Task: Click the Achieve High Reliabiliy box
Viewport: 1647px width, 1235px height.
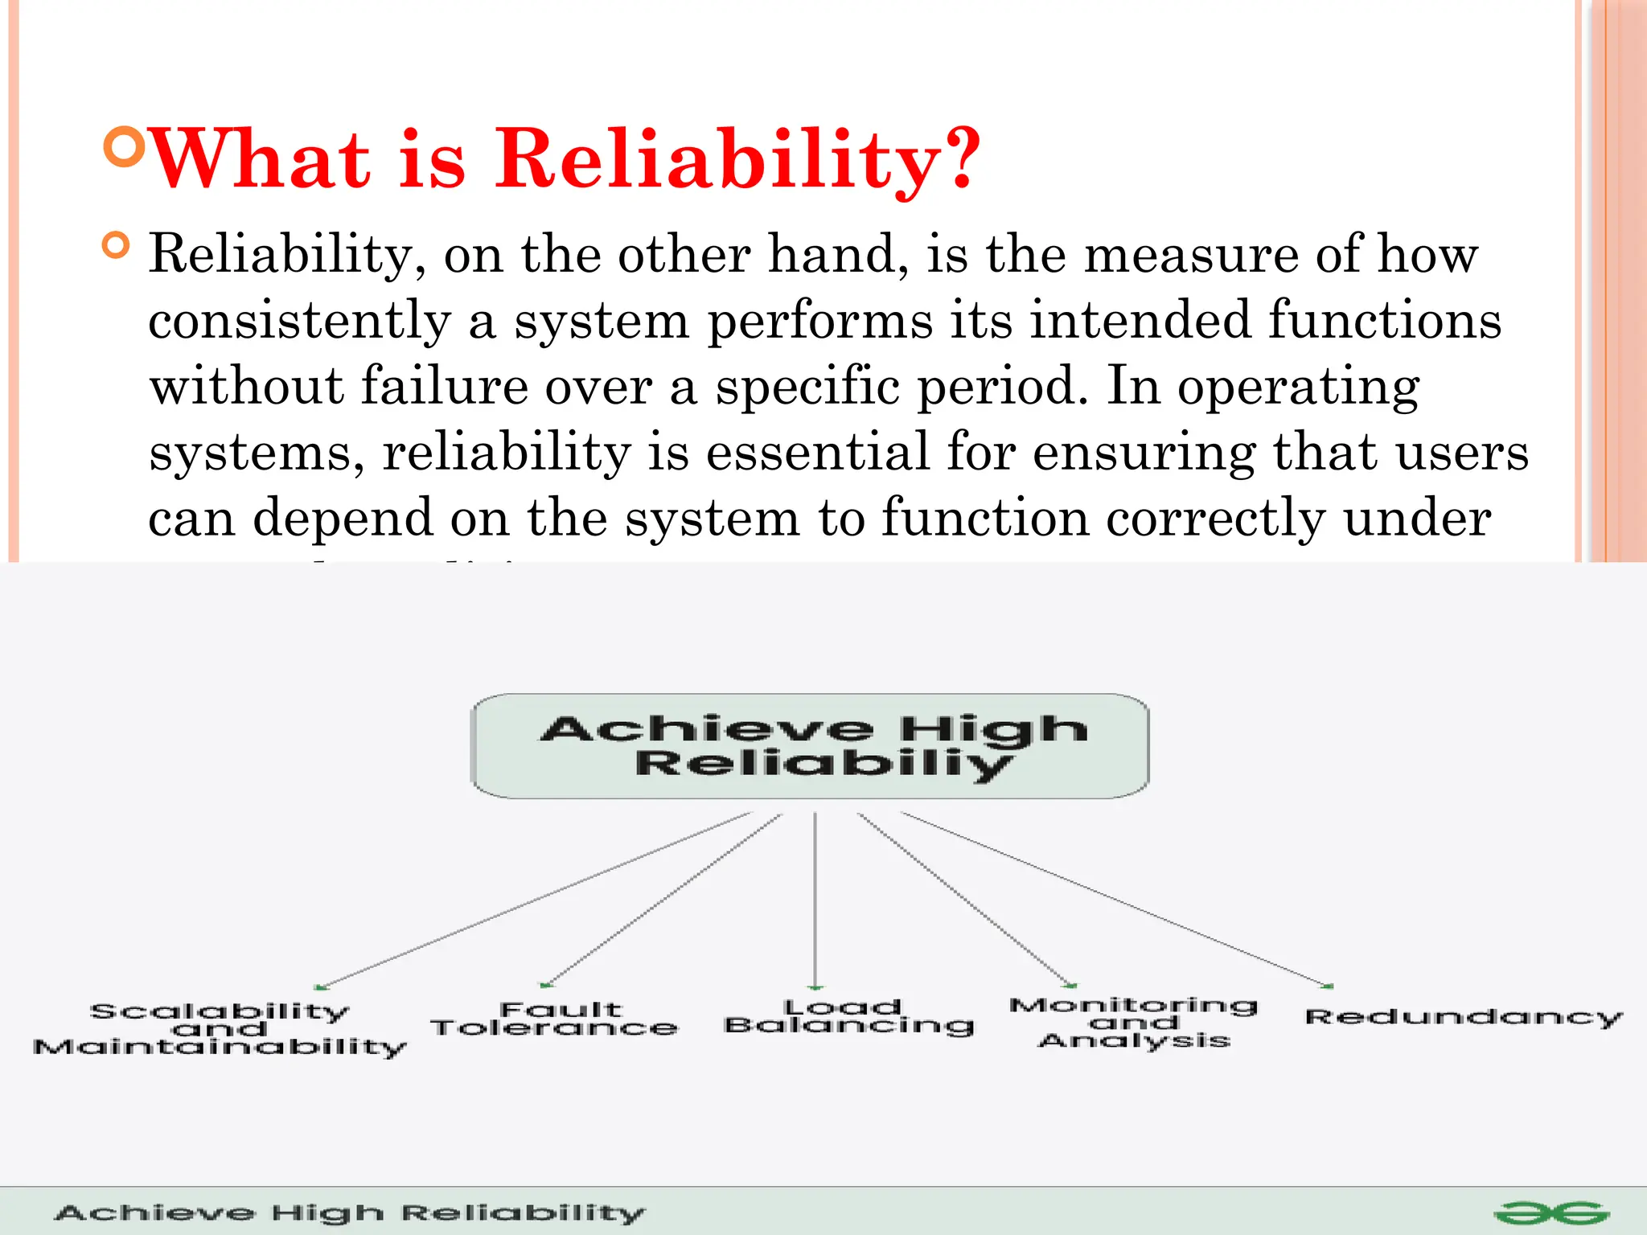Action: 810,746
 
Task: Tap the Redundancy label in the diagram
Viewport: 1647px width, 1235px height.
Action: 1463,1017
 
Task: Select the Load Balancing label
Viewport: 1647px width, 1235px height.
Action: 848,1017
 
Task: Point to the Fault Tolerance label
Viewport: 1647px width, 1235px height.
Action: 555,1019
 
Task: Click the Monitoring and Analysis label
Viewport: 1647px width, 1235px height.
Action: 1134,1023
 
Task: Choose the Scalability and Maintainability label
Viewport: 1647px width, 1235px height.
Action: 220,1030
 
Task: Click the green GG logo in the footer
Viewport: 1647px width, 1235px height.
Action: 1551,1213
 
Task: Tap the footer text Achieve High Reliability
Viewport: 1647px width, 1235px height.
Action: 350,1213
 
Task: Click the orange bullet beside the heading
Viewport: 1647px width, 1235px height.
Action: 124,146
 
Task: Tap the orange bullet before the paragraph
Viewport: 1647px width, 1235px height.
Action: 117,245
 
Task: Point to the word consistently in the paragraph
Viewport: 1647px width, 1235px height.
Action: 300,321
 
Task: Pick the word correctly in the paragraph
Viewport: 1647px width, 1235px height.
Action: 1214,518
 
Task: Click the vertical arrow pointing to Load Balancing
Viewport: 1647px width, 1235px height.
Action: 815,901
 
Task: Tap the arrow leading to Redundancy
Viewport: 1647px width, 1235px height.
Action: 1118,901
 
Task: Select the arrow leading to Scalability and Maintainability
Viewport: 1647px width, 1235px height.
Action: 535,901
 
